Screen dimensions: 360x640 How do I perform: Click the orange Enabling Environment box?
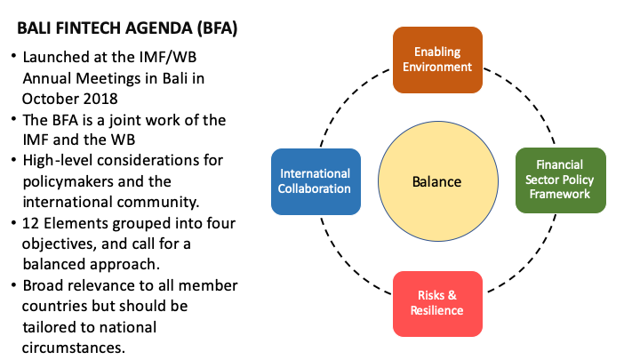click(x=437, y=60)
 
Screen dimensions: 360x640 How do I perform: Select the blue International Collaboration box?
click(x=315, y=180)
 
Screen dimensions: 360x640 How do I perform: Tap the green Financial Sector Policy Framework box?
click(x=561, y=180)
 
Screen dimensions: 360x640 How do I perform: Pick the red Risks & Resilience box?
click(x=437, y=303)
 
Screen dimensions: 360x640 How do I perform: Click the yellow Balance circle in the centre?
click(x=436, y=181)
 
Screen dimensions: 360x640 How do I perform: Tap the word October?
click(x=54, y=98)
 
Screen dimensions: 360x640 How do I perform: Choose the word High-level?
click(x=59, y=160)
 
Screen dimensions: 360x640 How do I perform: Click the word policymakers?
click(x=70, y=180)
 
